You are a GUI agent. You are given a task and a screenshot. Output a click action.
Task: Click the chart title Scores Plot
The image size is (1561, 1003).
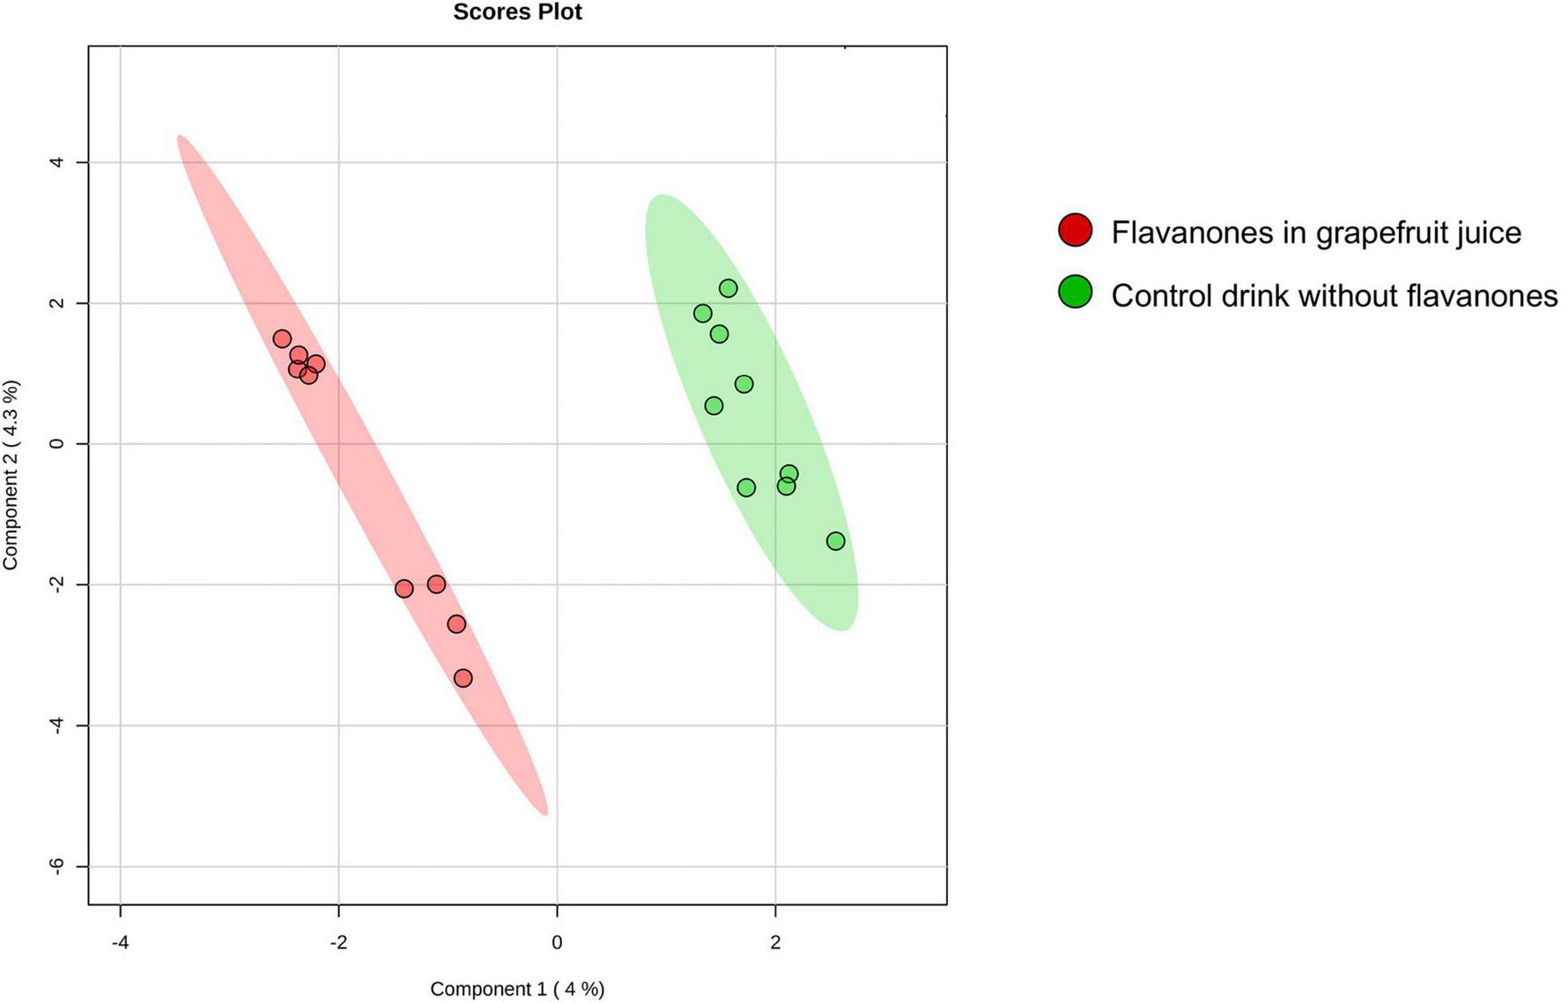(x=517, y=12)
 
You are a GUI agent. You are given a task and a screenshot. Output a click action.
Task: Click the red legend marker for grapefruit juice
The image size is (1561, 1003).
(x=1075, y=230)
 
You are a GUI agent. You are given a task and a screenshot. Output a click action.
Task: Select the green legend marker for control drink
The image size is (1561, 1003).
(x=1075, y=292)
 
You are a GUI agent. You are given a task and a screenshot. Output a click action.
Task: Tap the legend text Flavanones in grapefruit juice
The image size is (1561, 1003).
(x=1316, y=233)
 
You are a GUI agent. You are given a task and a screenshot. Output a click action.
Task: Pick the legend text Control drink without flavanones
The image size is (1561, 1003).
(x=1334, y=296)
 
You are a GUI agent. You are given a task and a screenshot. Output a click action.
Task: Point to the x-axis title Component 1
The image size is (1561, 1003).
(x=517, y=989)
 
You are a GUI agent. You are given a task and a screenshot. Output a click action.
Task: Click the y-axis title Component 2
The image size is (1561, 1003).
(x=11, y=475)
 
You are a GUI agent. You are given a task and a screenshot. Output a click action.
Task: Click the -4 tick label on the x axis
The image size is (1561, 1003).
(x=120, y=943)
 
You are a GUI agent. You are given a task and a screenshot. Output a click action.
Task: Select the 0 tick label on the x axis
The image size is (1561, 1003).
(x=557, y=943)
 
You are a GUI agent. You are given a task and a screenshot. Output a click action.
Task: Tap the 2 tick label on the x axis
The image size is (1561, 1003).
(x=775, y=943)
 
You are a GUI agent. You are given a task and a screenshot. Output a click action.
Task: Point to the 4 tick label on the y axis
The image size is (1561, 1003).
(x=58, y=162)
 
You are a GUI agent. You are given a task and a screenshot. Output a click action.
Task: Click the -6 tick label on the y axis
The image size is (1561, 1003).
(x=58, y=866)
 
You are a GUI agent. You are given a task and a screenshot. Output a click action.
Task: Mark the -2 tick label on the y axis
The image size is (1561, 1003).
(x=58, y=584)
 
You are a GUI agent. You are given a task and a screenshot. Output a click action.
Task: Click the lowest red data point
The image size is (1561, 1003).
(x=463, y=678)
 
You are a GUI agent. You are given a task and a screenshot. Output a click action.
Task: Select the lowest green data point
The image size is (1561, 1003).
(x=836, y=541)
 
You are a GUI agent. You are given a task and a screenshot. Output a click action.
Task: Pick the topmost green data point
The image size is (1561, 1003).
(x=729, y=288)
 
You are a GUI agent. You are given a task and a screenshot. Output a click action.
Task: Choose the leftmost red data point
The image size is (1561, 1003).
(x=282, y=338)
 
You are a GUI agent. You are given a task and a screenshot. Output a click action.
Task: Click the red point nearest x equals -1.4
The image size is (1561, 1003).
(x=404, y=589)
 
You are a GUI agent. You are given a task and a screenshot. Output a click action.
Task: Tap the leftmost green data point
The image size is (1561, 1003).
(x=703, y=314)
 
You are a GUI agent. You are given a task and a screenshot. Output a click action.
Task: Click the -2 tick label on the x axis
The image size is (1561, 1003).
(x=338, y=943)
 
